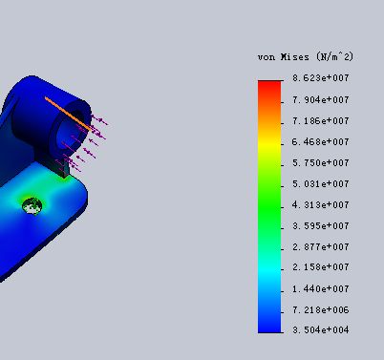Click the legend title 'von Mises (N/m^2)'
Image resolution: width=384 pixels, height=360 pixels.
(306, 57)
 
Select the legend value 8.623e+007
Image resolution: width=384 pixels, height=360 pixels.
(321, 78)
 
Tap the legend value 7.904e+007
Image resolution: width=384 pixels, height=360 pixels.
(321, 100)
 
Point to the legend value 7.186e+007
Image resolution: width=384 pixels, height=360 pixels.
(321, 121)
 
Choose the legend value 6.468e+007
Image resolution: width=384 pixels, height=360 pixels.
(321, 141)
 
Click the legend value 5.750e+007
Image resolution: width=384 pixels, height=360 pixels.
(321, 163)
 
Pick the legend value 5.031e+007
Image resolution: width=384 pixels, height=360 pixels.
(321, 184)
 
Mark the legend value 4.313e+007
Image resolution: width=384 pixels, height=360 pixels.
(321, 204)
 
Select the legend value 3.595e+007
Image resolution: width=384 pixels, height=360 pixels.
(321, 226)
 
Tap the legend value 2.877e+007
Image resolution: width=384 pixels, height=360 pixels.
(321, 247)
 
